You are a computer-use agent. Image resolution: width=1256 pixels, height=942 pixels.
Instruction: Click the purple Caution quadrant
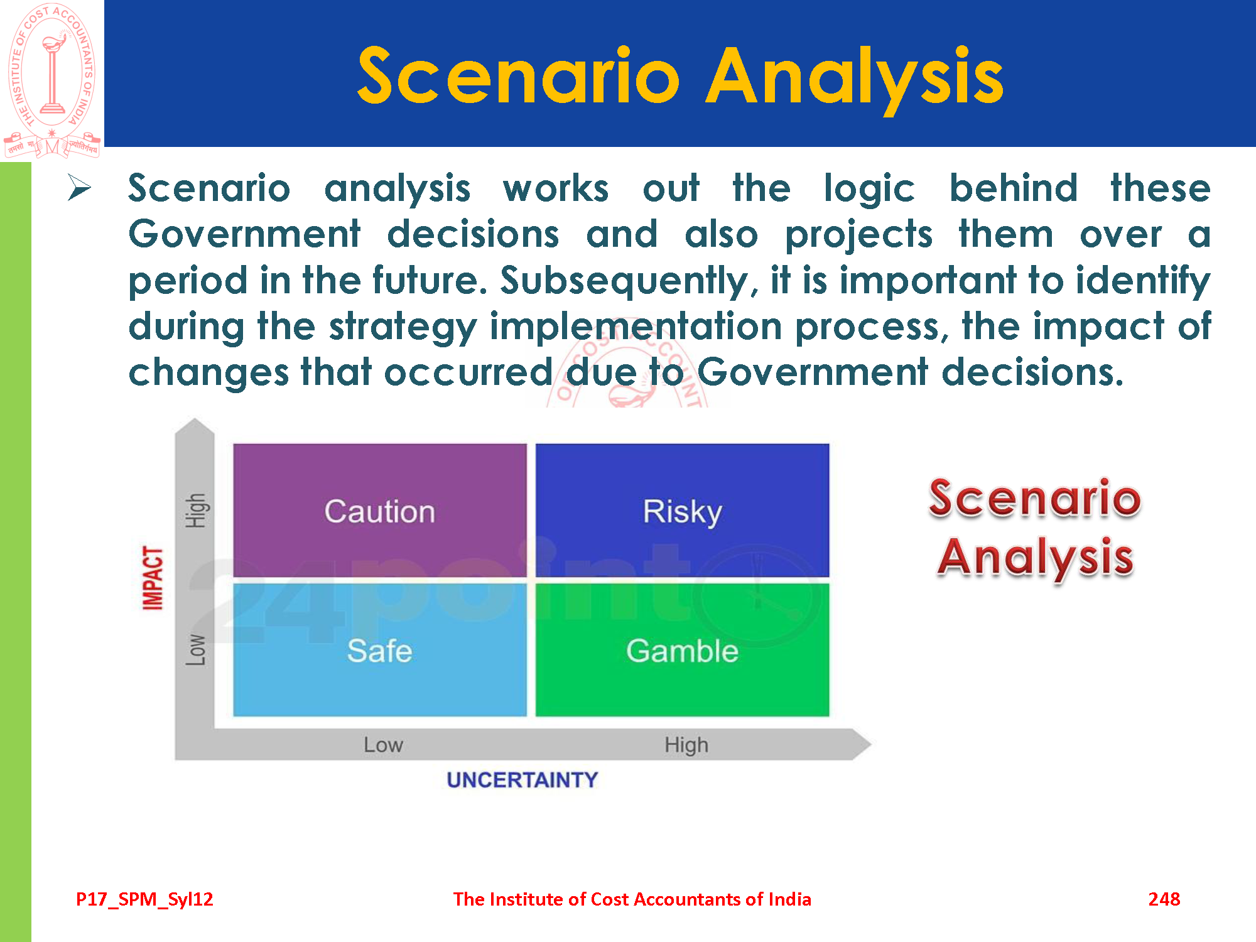tap(380, 510)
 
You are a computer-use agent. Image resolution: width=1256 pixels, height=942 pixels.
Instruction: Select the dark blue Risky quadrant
tap(682, 510)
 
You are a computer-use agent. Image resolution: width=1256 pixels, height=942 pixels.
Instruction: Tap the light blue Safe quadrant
tap(380, 649)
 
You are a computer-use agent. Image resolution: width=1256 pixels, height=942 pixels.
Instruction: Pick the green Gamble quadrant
tap(682, 649)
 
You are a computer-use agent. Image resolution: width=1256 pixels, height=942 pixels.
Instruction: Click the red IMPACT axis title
tap(153, 578)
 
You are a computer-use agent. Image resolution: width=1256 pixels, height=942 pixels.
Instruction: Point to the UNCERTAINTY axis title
tap(522, 780)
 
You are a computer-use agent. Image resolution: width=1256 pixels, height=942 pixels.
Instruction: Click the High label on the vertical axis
tap(195, 511)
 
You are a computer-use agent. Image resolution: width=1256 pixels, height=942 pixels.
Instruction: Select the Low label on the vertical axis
tap(195, 650)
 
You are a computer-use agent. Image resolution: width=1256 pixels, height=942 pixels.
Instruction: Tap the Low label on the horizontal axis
tap(383, 745)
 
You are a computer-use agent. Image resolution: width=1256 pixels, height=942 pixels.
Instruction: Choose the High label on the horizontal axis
tap(686, 745)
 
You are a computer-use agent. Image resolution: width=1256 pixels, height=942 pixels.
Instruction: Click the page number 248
tap(1164, 899)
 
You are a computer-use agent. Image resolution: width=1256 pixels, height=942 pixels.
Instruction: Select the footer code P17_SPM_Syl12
tap(144, 900)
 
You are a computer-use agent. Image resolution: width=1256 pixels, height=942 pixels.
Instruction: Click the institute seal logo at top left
tap(52, 80)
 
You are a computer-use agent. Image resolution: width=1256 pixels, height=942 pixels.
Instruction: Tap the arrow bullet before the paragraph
tap(79, 188)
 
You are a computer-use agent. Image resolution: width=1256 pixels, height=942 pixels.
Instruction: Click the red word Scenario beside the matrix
tap(1035, 497)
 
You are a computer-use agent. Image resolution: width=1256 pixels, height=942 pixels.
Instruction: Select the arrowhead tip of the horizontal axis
tap(871, 744)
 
